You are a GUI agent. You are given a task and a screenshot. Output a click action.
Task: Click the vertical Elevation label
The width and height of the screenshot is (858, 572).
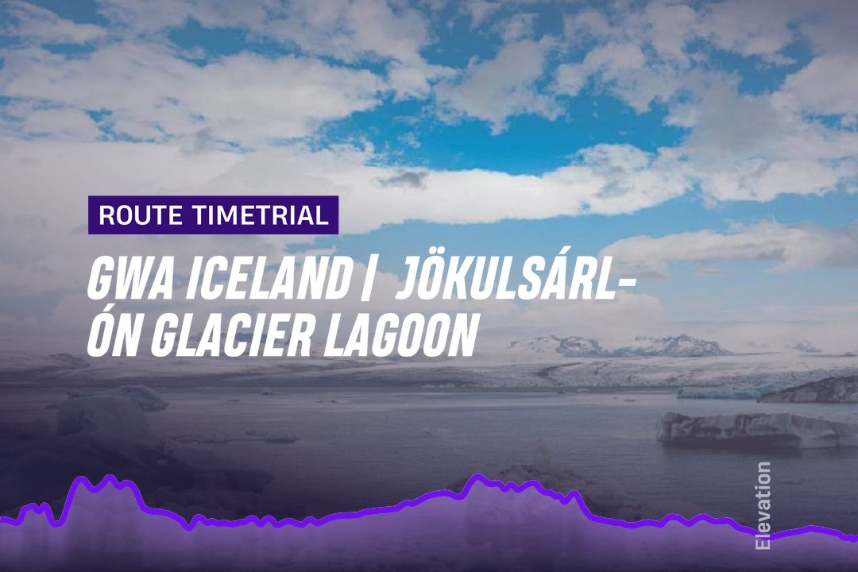tap(762, 506)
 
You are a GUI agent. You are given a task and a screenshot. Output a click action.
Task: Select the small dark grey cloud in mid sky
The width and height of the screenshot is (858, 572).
tap(404, 179)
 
